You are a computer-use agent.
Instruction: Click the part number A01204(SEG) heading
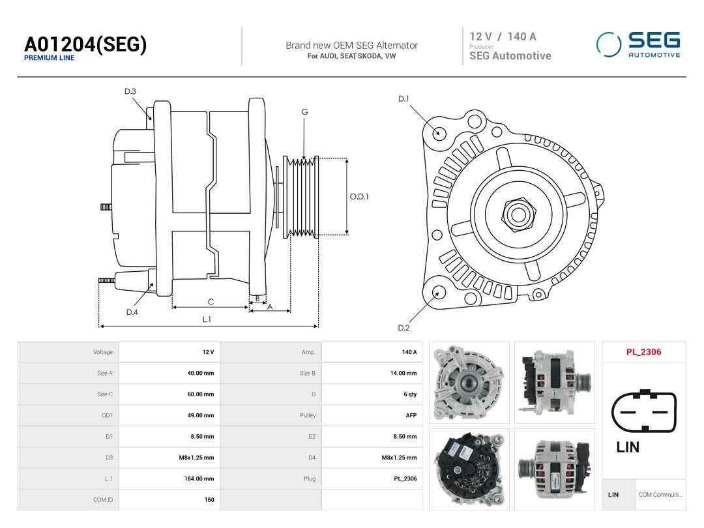pos(85,44)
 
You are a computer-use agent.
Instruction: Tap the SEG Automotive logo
pos(638,44)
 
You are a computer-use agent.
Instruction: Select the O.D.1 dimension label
pos(359,197)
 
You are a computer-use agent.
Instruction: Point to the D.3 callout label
pos(130,92)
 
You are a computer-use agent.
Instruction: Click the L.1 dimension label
pos(207,319)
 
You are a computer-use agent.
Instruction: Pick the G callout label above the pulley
pos(304,112)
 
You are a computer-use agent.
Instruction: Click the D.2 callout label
pos(403,328)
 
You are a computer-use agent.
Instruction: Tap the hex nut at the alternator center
pos(519,214)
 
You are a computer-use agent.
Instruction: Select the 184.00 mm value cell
pos(199,478)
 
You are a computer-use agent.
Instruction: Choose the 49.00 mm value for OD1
pos(201,415)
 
